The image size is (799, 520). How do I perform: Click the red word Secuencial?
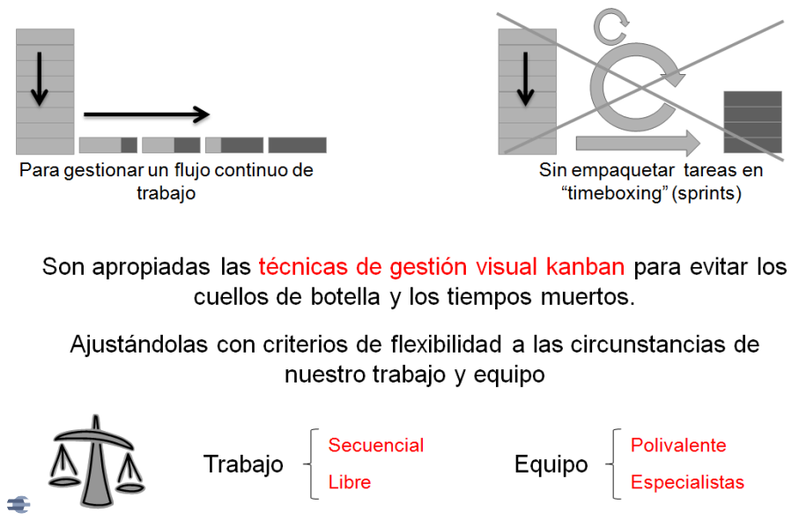(x=376, y=445)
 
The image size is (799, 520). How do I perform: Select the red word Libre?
(x=350, y=482)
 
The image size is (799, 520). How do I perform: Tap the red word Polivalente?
(x=678, y=445)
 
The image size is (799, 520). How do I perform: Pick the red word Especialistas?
(x=687, y=482)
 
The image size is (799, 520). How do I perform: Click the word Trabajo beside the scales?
(x=243, y=464)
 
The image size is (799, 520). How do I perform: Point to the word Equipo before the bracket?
(x=551, y=464)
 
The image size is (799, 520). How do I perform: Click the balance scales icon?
(x=96, y=461)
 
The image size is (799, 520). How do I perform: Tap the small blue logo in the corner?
(x=18, y=505)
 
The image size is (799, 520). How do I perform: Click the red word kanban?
(x=586, y=267)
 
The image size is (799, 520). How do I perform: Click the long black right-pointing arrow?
(x=147, y=115)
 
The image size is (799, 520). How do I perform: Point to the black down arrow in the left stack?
(x=40, y=78)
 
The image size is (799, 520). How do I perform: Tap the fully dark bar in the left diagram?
(x=298, y=145)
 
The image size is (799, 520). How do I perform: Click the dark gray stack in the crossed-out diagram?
(x=752, y=123)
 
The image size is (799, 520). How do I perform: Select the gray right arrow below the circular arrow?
(x=639, y=143)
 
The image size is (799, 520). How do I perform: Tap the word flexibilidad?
(x=446, y=345)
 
